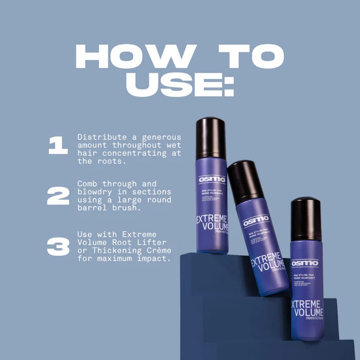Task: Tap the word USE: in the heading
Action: pos(179,85)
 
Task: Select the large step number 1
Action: pos(58,146)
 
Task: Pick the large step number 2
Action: pos(58,196)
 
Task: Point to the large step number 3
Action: pos(58,246)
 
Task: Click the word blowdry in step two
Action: pos(93,191)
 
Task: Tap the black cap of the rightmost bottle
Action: pos(306,219)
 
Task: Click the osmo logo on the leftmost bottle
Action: pos(212,179)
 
